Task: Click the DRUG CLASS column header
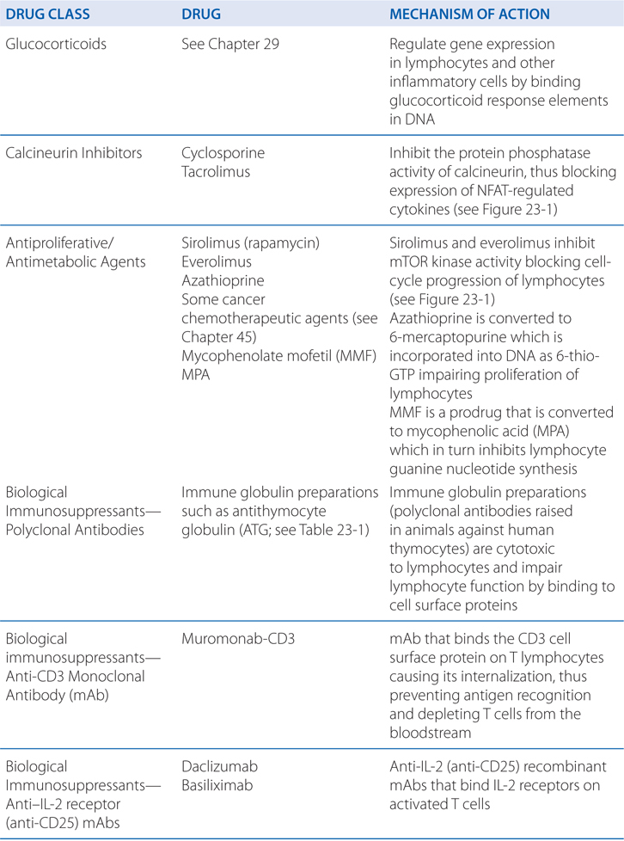(x=51, y=15)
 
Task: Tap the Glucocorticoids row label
(x=56, y=44)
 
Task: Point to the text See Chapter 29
(x=229, y=44)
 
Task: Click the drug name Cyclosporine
(x=223, y=153)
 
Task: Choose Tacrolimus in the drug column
(x=216, y=172)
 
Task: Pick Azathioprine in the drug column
(x=223, y=281)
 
